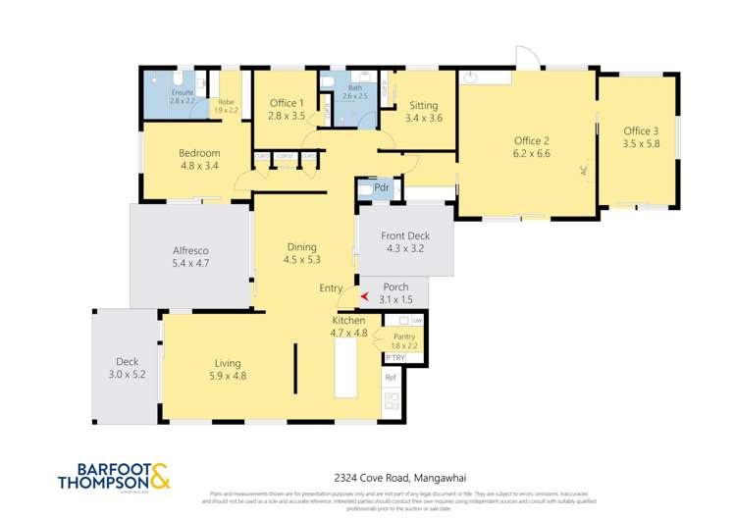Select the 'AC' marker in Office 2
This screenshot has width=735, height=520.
point(582,170)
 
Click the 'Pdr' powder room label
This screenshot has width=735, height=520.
point(383,186)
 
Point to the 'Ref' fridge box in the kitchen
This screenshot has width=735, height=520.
point(390,377)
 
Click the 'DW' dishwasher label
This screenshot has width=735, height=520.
point(417,321)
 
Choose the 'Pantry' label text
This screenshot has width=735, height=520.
point(404,337)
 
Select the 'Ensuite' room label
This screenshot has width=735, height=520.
point(156,93)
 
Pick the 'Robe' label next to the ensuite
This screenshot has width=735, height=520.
point(226,101)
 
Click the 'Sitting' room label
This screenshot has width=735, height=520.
point(423,105)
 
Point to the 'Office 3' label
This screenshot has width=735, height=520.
point(641,130)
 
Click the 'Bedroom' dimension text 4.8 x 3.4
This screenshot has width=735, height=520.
point(198,166)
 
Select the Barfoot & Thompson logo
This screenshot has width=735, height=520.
point(114,476)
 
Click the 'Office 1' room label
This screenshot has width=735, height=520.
point(287,103)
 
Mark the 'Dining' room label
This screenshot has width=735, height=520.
point(302,246)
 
